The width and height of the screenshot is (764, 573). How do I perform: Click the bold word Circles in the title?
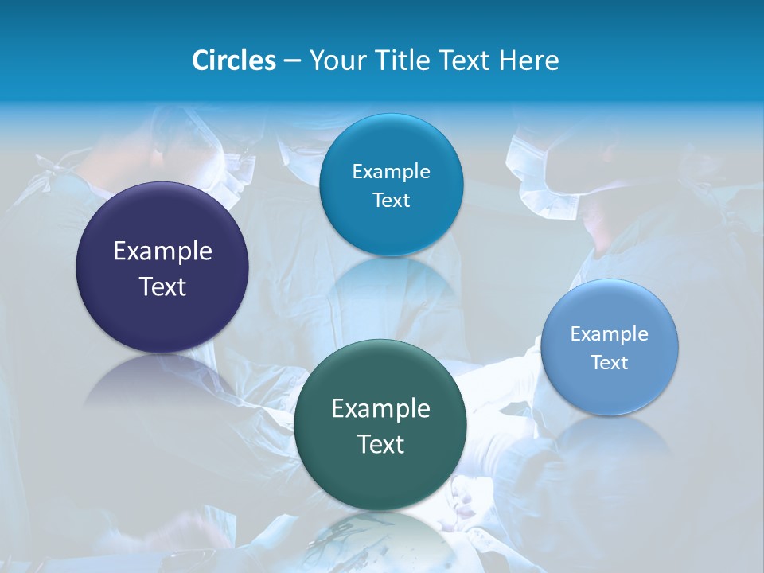233,60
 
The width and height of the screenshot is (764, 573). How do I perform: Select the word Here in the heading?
530,60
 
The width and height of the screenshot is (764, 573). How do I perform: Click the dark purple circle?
162,267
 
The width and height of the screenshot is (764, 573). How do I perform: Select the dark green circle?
380,425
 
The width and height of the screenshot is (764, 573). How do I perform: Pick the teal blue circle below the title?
391,185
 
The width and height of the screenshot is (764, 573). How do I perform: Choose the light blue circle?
610,347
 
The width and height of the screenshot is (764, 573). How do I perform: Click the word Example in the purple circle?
162,251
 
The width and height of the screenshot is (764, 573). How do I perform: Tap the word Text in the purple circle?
162,286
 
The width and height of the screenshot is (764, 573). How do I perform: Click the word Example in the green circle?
380,409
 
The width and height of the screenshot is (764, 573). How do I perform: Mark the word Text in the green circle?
380,444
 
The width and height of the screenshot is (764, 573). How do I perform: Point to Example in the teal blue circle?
391,171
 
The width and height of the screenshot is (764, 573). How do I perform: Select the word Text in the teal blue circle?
391,200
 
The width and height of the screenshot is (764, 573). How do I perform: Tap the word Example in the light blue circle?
610,333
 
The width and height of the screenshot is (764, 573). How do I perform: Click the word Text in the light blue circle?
610,362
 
